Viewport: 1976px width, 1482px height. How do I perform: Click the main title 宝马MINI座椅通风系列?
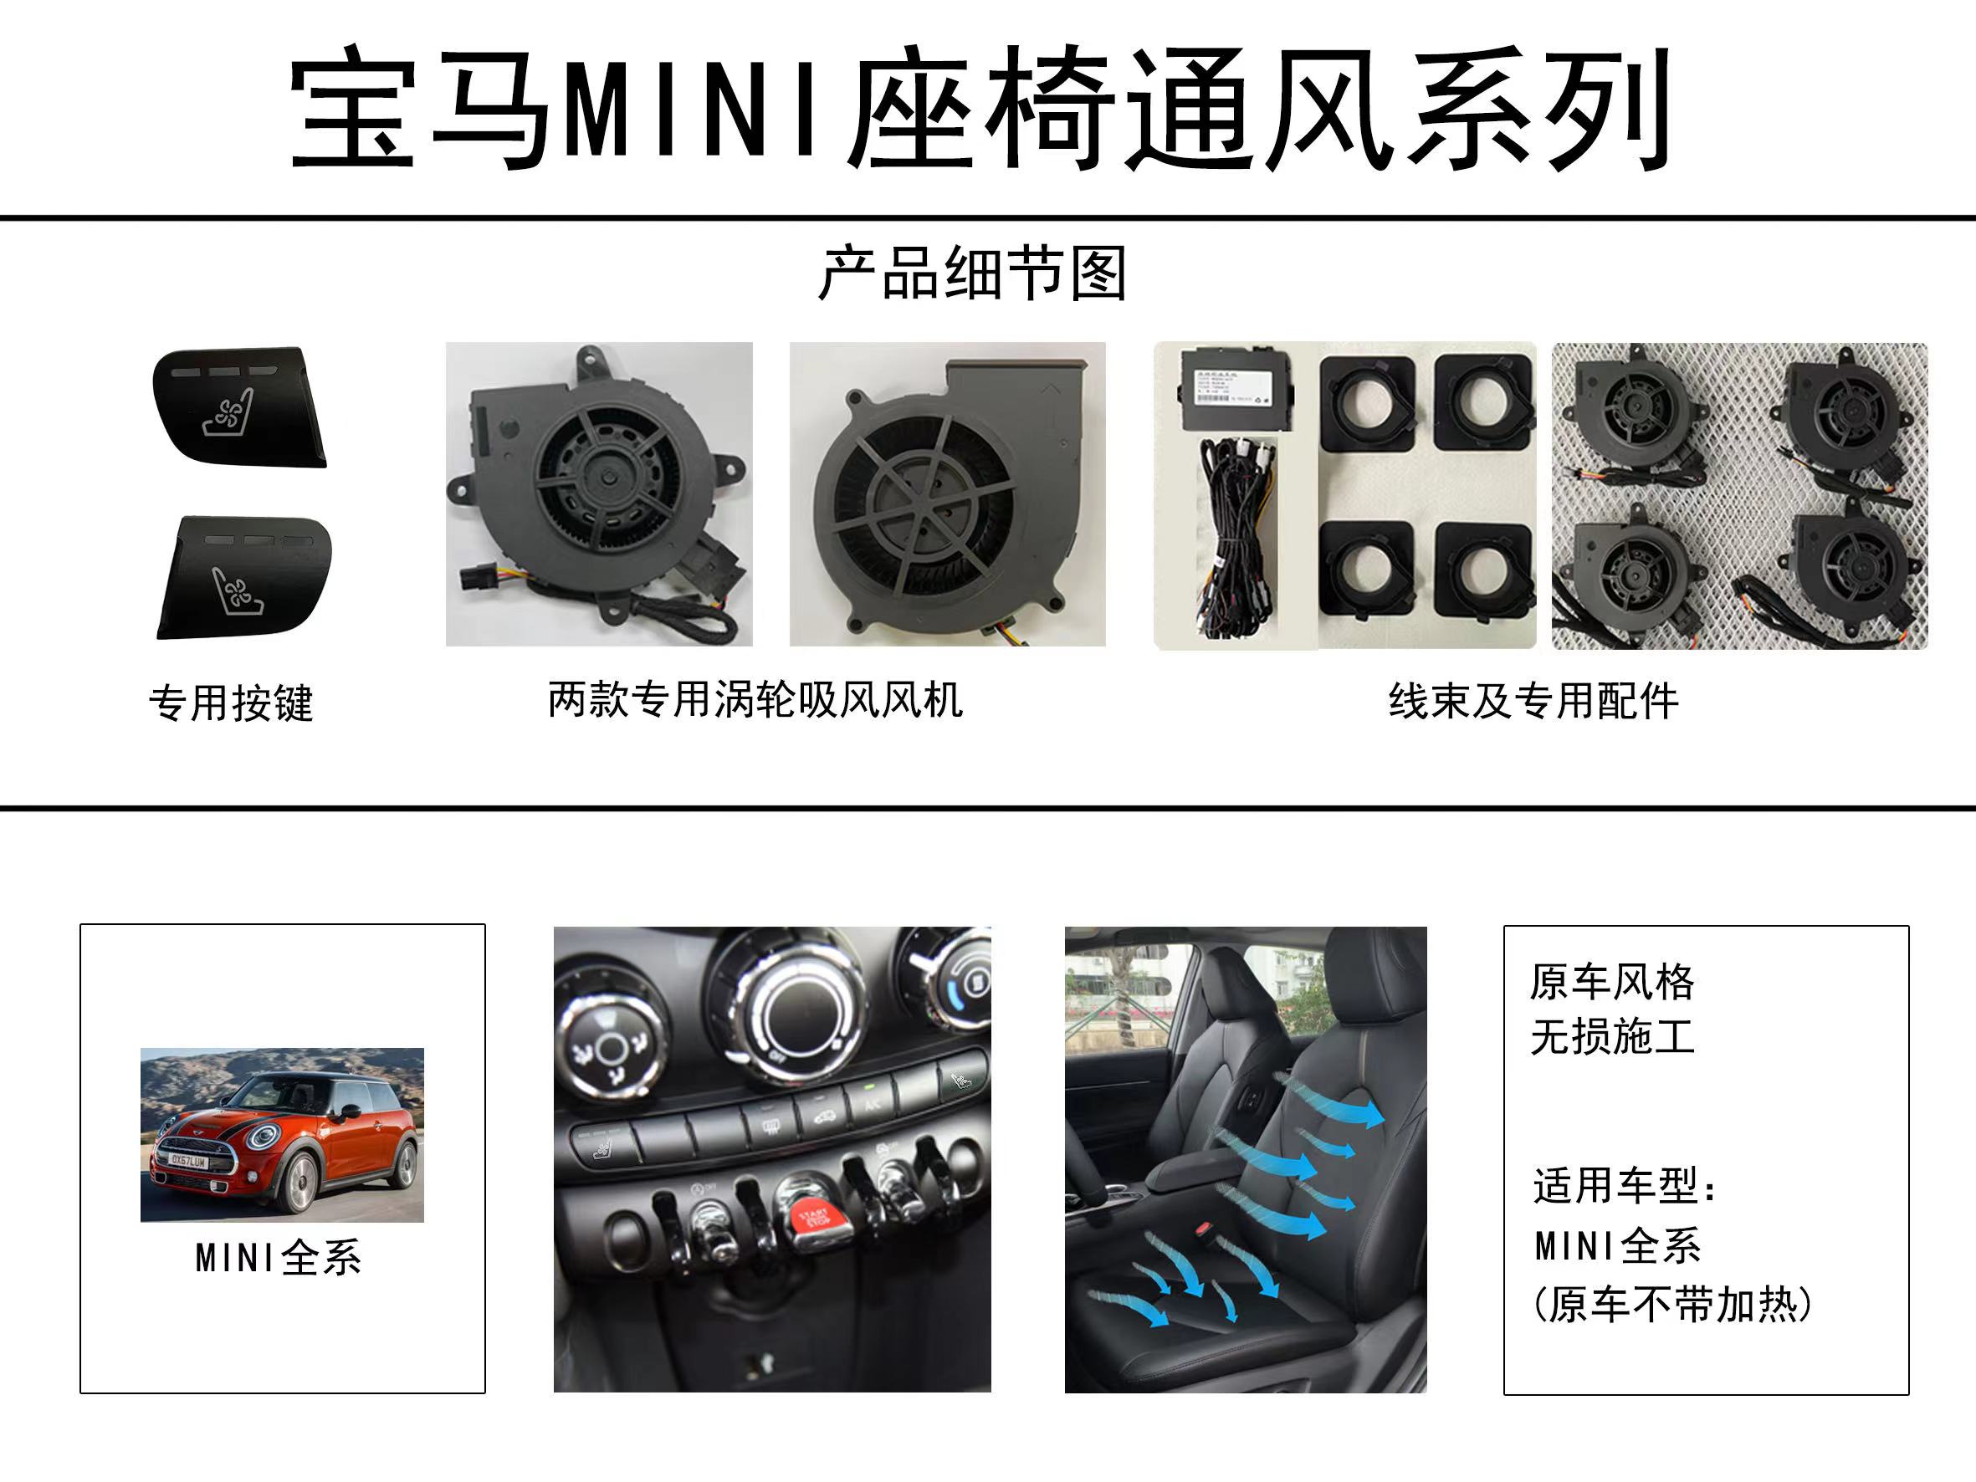pyautogui.click(x=980, y=109)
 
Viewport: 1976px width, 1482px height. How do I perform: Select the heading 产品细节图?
pyautogui.click(x=973, y=273)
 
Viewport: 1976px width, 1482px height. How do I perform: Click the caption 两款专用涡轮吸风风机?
pyautogui.click(x=755, y=699)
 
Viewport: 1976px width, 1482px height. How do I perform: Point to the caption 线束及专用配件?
pyautogui.click(x=1533, y=701)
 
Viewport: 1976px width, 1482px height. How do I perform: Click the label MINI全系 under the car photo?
pyautogui.click(x=279, y=1259)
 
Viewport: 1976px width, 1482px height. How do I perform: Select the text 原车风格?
pyautogui.click(x=1611, y=983)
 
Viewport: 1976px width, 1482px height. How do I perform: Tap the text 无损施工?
pyautogui.click(x=1611, y=1037)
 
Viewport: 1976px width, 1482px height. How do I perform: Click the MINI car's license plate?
pyautogui.click(x=187, y=1162)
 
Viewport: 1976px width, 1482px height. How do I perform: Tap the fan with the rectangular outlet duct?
pyautogui.click(x=947, y=494)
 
